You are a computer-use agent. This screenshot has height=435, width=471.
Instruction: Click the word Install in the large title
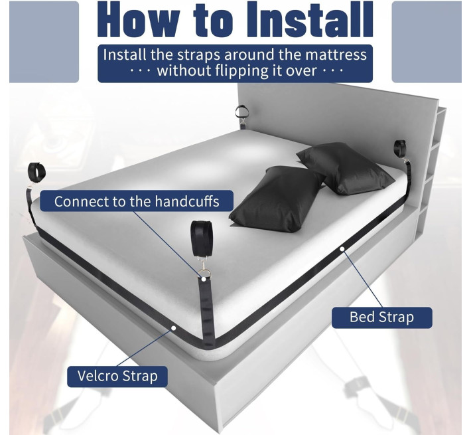coord(310,19)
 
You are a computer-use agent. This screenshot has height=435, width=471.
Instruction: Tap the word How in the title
coord(137,19)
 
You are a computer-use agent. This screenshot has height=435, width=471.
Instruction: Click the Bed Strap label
coord(382,317)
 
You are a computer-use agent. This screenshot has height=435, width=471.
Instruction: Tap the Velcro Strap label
coord(117,376)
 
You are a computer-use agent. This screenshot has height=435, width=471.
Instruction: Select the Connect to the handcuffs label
coord(137,201)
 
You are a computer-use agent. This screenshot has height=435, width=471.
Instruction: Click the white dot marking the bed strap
coord(342,248)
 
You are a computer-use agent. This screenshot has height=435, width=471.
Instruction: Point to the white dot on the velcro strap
coord(173,328)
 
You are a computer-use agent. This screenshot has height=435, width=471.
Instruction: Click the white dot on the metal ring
coord(204,279)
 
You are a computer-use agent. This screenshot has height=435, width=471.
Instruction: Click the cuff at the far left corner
coord(37,172)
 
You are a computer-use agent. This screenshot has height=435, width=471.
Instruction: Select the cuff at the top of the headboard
coord(241,112)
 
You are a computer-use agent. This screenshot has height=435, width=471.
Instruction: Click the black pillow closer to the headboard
coord(346,168)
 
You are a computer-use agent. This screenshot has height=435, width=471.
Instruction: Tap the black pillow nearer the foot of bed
coord(277,199)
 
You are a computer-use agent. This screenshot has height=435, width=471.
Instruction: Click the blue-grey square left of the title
coord(44,42)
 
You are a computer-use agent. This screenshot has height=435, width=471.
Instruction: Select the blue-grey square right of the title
coord(427,42)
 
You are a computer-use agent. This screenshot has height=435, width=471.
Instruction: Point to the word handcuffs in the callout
coord(187,201)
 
